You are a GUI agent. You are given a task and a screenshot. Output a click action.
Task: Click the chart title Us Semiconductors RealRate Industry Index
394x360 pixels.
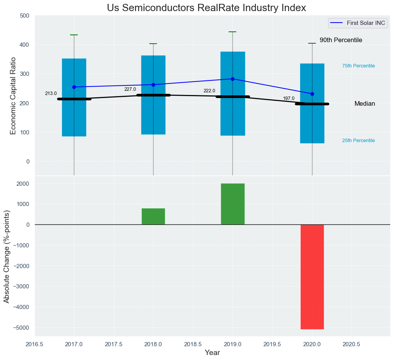[x=206, y=8]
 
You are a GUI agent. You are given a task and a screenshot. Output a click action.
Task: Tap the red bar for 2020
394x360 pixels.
[x=312, y=277]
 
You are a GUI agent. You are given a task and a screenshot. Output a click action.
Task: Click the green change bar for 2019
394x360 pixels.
[x=232, y=204]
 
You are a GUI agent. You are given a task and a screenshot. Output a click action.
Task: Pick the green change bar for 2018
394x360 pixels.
[x=153, y=216]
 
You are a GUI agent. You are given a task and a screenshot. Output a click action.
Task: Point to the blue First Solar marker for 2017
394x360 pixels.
[x=74, y=87]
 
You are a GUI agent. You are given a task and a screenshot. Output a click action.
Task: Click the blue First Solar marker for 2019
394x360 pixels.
[x=232, y=79]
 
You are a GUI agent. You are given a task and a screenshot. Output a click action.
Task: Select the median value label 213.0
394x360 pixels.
[x=51, y=93]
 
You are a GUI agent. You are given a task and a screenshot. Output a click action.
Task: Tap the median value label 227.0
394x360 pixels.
[x=130, y=89]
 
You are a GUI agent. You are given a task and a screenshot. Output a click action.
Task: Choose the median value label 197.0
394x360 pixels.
[x=289, y=98]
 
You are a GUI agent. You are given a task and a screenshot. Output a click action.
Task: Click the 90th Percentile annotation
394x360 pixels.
[x=341, y=40]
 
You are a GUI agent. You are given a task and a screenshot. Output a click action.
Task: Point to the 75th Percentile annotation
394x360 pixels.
[x=358, y=66]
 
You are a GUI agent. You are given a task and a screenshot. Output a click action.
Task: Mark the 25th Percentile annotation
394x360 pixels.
[x=358, y=141]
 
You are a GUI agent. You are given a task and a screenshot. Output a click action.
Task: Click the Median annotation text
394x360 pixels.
[x=365, y=104]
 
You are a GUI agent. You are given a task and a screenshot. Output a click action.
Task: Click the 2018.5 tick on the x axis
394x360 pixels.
[x=193, y=345]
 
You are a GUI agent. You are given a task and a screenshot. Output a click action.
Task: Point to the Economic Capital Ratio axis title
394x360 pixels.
[x=13, y=95]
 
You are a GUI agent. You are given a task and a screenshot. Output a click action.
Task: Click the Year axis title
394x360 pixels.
[x=212, y=353]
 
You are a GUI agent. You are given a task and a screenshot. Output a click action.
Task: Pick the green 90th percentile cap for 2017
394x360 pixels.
[x=74, y=35]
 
